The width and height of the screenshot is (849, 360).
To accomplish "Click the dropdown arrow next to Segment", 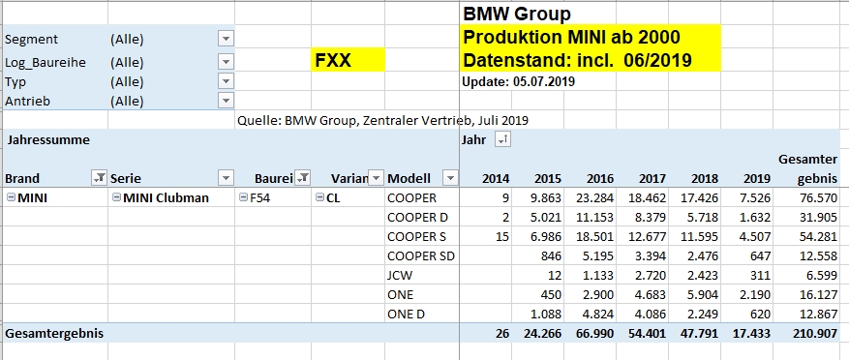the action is [226, 39].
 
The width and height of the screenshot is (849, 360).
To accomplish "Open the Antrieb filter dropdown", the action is [226, 101].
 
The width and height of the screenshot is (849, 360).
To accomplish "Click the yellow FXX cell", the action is [349, 60].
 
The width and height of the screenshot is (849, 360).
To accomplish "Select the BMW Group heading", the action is [517, 14].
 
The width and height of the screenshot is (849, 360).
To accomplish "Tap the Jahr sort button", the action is [503, 140].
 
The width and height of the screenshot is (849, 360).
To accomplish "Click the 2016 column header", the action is [600, 179].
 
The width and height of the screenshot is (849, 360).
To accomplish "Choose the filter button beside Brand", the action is [100, 177].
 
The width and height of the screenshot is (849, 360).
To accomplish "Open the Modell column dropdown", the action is [450, 177].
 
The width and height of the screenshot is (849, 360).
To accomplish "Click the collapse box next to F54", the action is [243, 198].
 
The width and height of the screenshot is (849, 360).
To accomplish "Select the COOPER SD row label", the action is [421, 256].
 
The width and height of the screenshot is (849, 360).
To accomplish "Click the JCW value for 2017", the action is [652, 276].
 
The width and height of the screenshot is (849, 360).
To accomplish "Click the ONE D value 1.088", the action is [546, 315].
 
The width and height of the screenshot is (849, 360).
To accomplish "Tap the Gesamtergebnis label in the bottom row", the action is [54, 334].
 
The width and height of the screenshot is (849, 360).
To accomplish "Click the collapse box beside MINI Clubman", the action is [116, 198].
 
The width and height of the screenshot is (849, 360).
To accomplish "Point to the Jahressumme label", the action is [48, 140].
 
